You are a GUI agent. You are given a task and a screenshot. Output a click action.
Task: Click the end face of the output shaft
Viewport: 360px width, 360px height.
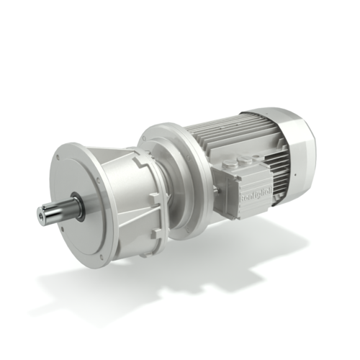42,214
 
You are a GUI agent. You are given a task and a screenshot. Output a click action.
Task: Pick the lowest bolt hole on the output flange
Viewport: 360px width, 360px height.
102,258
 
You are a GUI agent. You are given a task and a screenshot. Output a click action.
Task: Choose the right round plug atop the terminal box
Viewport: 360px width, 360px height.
251,153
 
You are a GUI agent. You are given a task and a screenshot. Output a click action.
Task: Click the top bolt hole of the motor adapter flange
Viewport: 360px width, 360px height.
161,130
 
